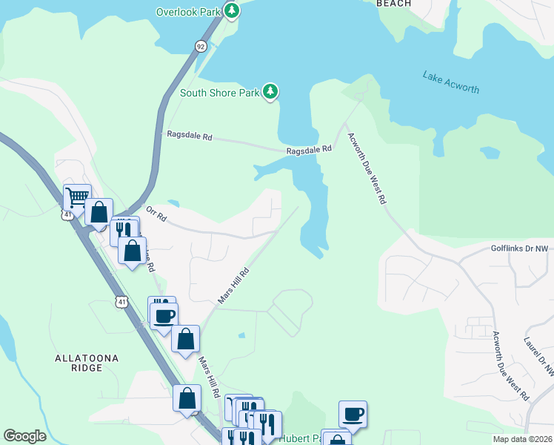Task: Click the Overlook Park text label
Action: [x=189, y=11]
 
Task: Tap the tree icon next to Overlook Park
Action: [x=232, y=10]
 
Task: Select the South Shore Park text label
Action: [x=219, y=93]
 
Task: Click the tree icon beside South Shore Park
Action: [x=271, y=91]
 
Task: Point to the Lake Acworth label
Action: [x=450, y=82]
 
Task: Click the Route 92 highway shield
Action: [x=201, y=46]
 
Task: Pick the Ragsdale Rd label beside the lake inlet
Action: [x=310, y=150]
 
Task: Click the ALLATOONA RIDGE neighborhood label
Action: [x=87, y=363]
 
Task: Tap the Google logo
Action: [x=24, y=436]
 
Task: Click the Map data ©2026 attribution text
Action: [x=521, y=439]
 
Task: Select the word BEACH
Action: [x=393, y=4]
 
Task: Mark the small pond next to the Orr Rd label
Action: [x=173, y=203]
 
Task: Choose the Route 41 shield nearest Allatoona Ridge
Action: [x=120, y=302]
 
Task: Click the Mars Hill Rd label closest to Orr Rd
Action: [x=234, y=286]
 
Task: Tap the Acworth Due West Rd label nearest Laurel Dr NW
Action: [x=510, y=366]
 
